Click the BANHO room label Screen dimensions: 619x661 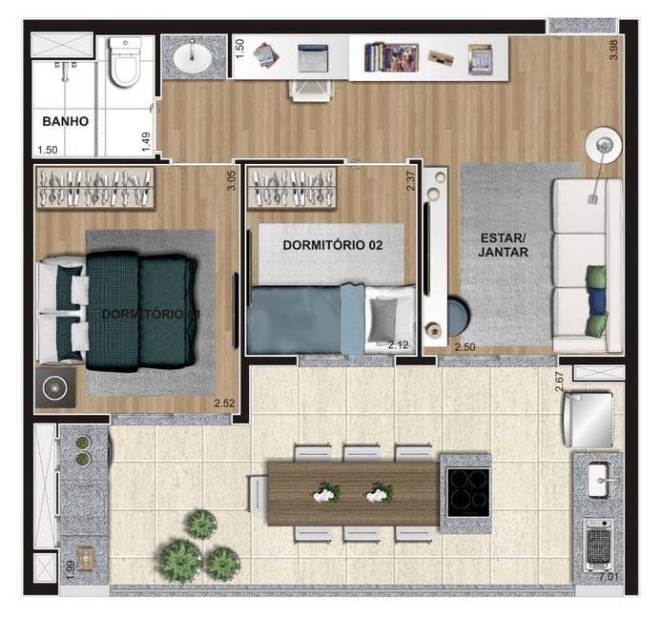pyautogui.click(x=65, y=121)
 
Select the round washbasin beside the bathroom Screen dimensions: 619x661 pyautogui.click(x=193, y=58)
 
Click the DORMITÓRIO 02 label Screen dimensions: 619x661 pyautogui.click(x=332, y=245)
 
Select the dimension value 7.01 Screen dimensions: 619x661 pyautogui.click(x=608, y=577)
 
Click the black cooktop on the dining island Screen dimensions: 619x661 pyautogui.click(x=465, y=493)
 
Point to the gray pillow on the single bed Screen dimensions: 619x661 pyautogui.click(x=384, y=315)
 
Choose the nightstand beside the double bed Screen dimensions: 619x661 pyautogui.click(x=55, y=388)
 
